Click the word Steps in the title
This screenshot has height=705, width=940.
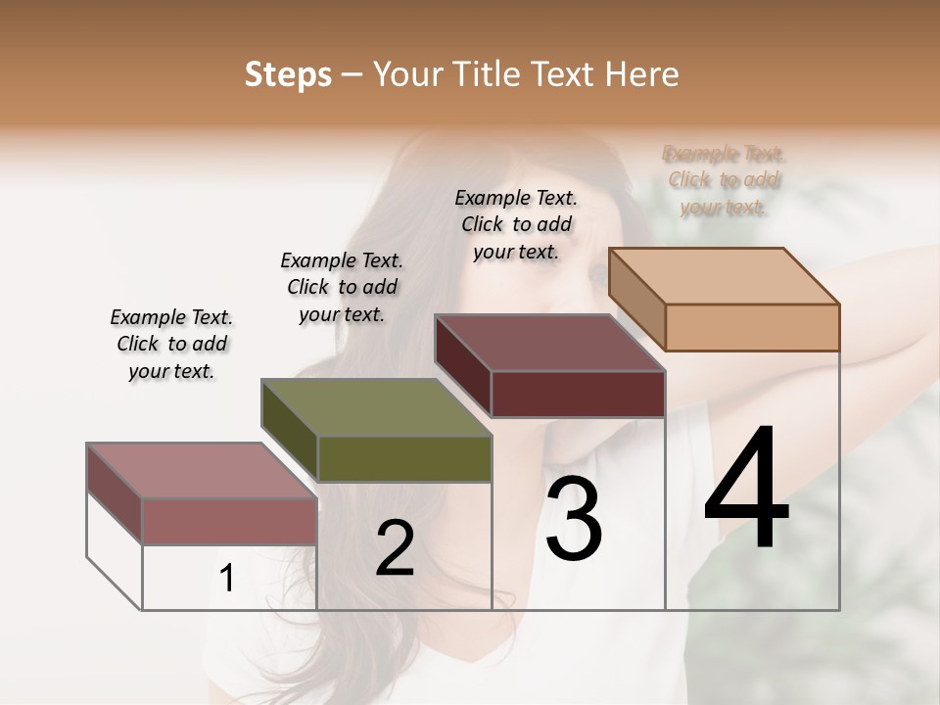287,74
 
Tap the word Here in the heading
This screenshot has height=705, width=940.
636,74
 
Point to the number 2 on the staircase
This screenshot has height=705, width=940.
395,548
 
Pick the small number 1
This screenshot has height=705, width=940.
226,579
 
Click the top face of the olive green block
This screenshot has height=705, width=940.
376,407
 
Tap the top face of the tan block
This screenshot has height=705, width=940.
723,275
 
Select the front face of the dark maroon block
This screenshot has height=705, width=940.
578,395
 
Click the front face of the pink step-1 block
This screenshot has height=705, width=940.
229,521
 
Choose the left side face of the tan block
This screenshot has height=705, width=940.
636,299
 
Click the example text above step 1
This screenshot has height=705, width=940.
171,345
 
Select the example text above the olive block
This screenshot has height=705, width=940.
342,288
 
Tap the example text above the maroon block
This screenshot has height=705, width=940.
516,224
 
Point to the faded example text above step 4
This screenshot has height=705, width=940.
725,180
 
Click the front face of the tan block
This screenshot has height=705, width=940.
752,327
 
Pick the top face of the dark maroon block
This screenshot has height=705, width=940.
549,343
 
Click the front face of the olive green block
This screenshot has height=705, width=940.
404,459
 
